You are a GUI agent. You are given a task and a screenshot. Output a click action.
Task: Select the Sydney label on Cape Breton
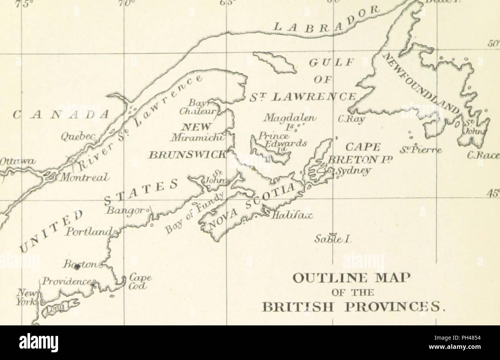tap(352, 170)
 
